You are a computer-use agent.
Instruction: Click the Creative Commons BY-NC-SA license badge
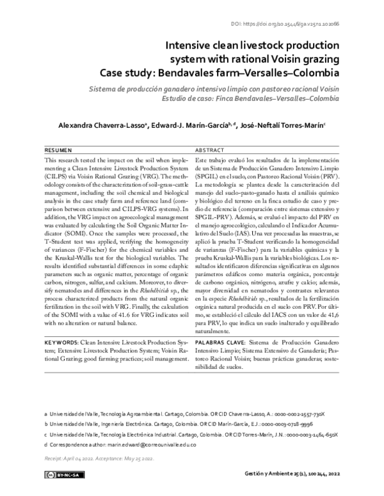tap(62, 474)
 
